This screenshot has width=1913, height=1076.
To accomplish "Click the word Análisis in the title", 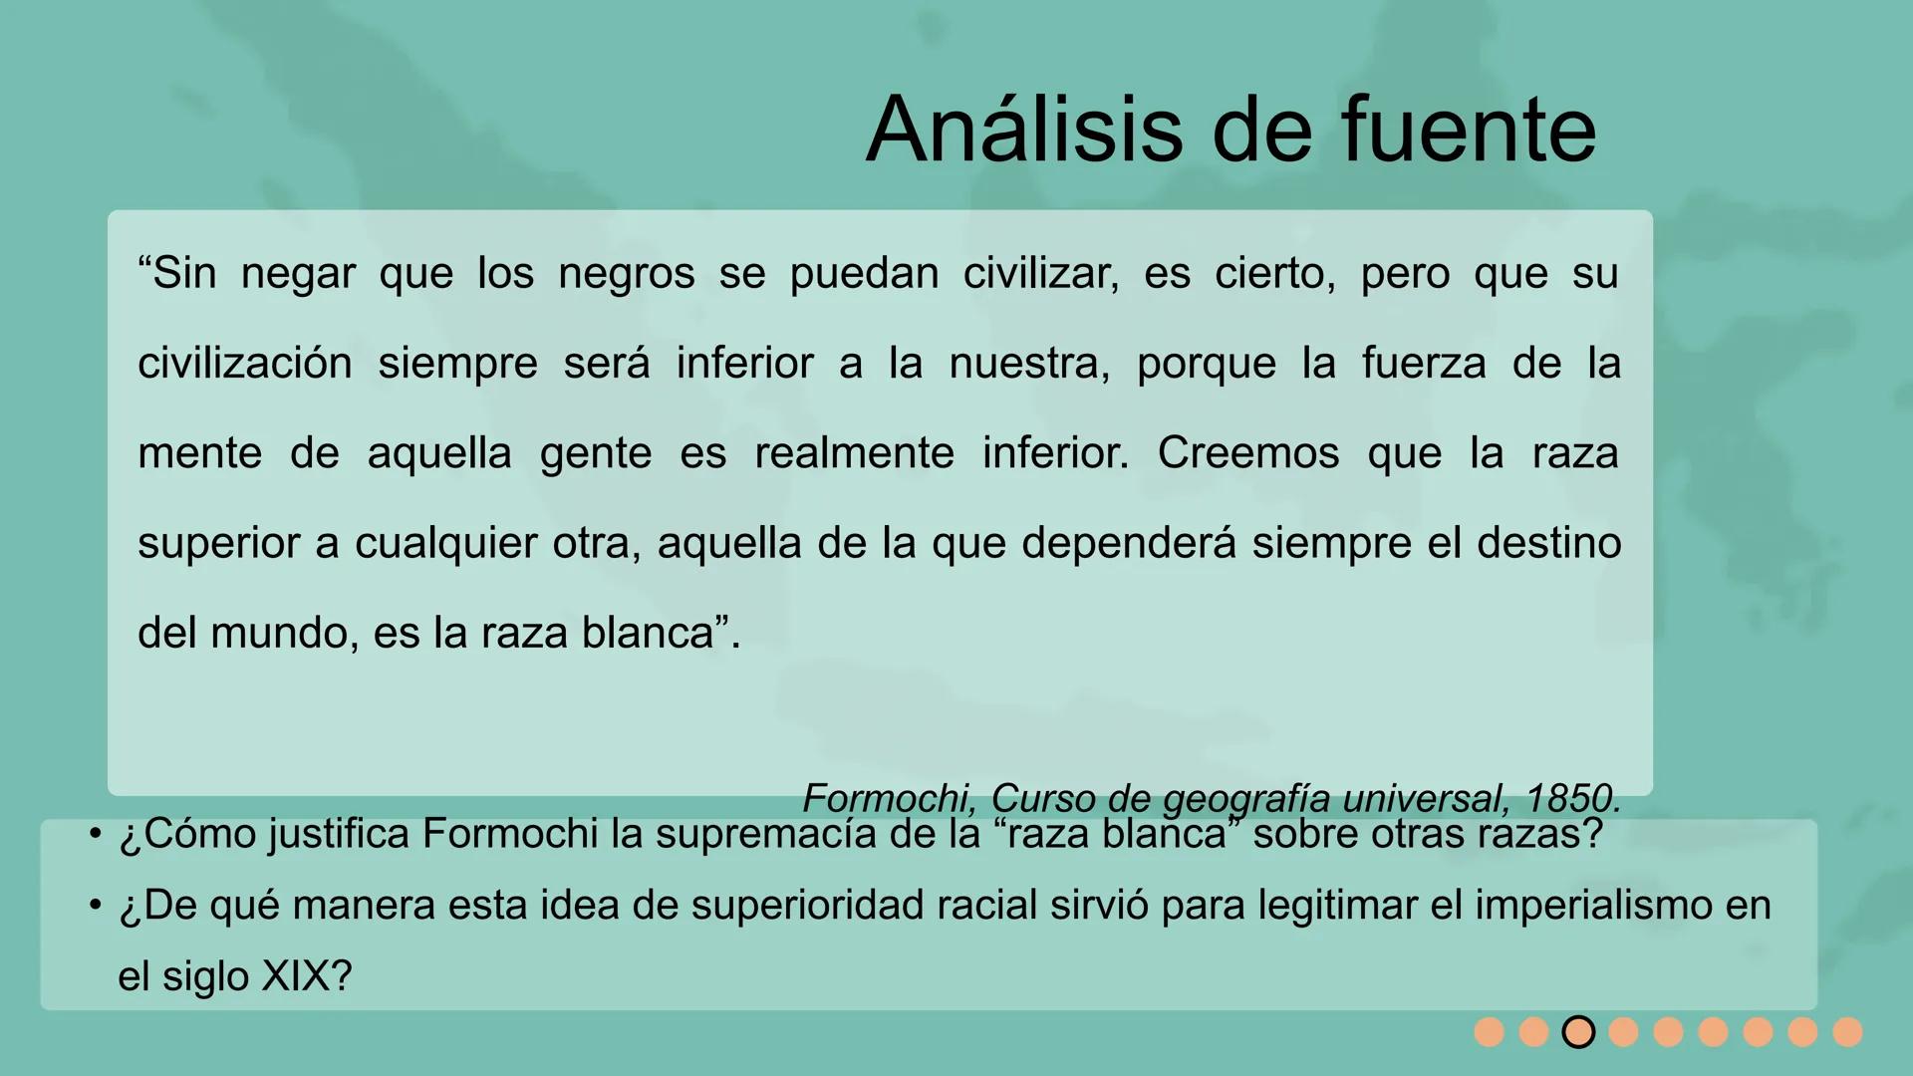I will tap(1026, 130).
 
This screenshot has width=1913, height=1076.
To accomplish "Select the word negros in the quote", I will tap(626, 274).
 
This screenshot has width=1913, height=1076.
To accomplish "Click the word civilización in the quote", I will tap(245, 364).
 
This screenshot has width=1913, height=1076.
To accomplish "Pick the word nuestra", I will tap(1028, 364).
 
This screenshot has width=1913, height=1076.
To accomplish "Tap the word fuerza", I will tap(1424, 364).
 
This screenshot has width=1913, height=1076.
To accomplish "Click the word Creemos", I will tap(1247, 453).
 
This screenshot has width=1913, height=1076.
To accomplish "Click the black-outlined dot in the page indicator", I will tap(1578, 1032).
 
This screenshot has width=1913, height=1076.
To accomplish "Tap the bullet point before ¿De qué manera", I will tap(96, 905).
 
